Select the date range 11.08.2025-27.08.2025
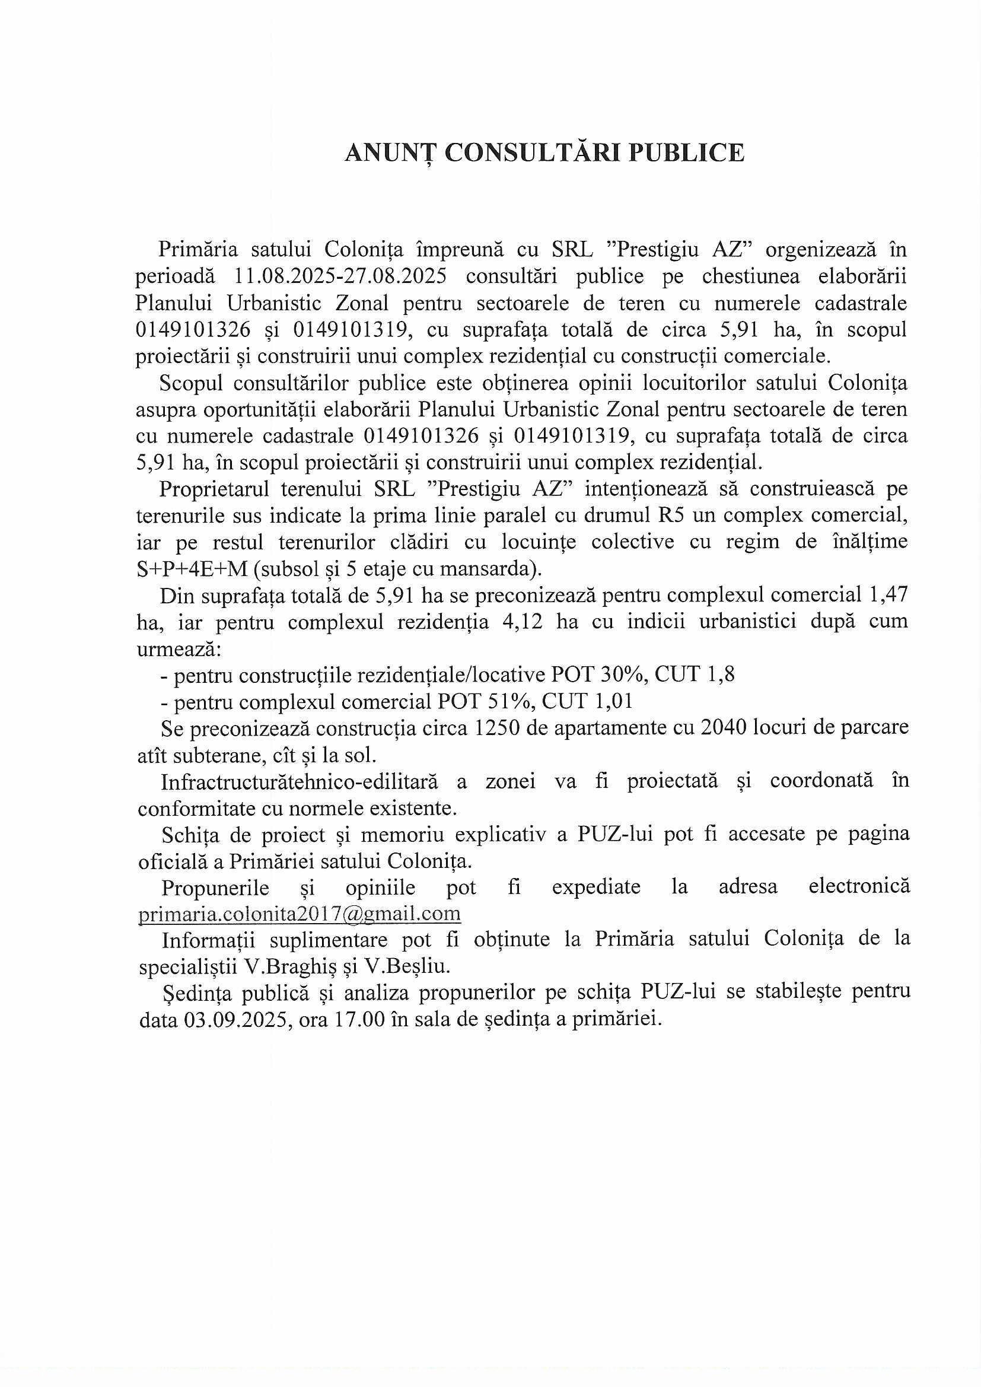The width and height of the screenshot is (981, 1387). click(x=339, y=276)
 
